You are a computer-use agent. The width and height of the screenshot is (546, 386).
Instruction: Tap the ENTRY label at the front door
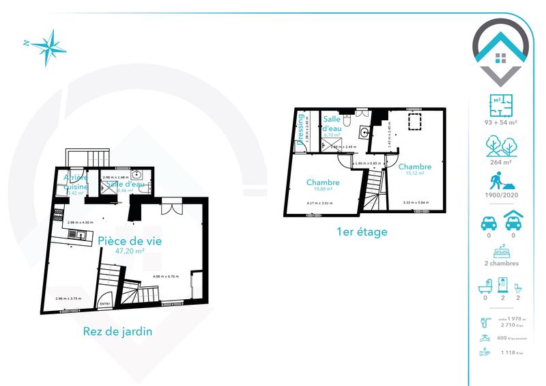[105, 304]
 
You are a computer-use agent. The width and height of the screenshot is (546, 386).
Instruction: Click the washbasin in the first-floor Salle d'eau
[364, 133]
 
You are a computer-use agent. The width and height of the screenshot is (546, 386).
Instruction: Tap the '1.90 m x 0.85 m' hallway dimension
[368, 163]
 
